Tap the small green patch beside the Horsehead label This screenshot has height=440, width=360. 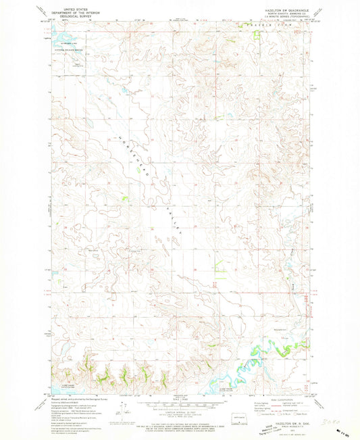click(x=124, y=197)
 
